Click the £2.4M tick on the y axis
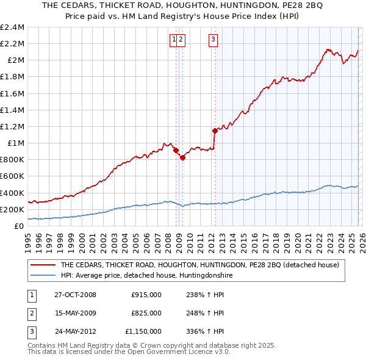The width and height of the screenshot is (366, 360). click(13, 27)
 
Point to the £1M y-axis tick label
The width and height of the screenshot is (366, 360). click(16, 143)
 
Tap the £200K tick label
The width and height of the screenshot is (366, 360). click(12, 209)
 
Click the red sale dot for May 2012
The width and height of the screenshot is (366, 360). click(215, 131)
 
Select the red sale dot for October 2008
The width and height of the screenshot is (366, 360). click(176, 150)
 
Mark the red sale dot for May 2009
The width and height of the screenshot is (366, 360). click(182, 157)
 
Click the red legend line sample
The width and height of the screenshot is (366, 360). click(43, 265)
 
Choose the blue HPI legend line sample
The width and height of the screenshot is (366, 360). click(43, 276)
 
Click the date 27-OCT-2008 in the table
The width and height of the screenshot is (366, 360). click(75, 295)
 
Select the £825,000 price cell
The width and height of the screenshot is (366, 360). click(146, 313)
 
